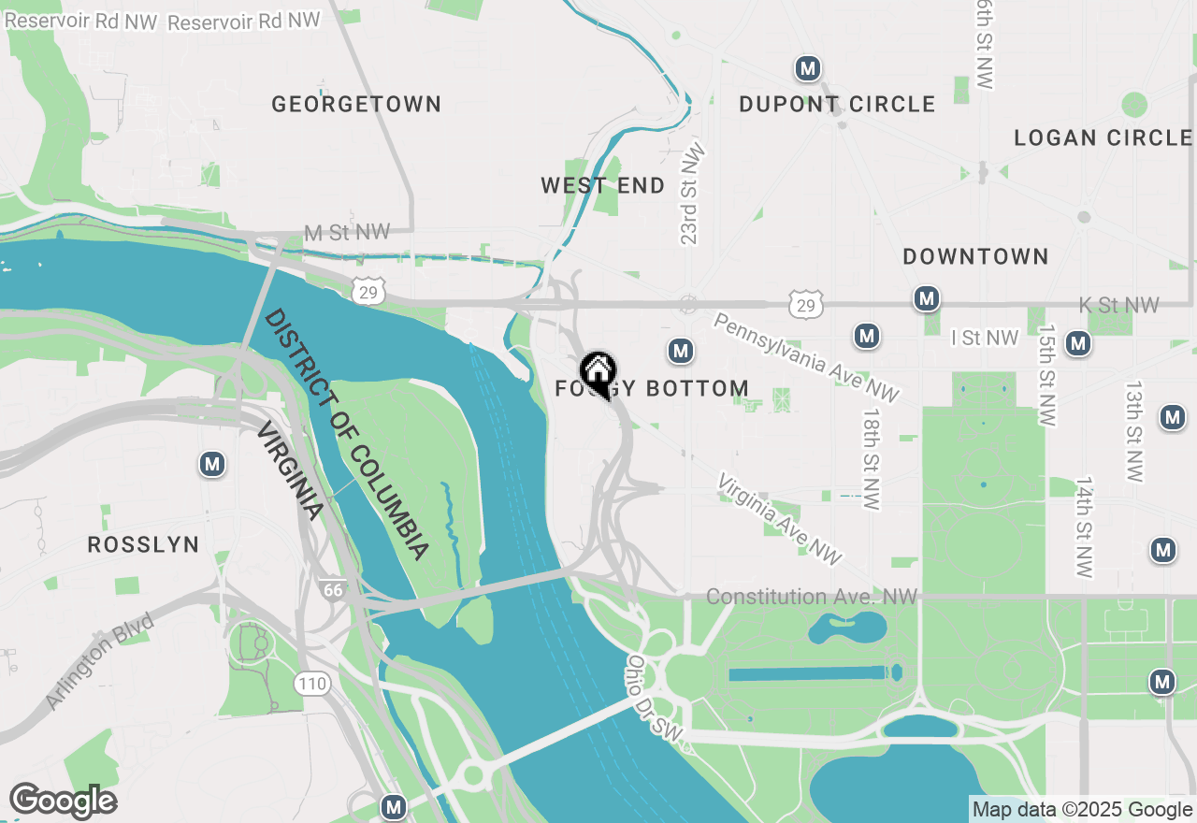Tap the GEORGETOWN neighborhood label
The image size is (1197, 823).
pos(356,104)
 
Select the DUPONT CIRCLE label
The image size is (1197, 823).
pos(837,104)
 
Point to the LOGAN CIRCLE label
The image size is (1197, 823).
pos(1103,138)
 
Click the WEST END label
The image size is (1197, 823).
pos(603,185)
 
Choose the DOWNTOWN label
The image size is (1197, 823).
pos(975,256)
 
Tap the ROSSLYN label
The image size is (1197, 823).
pos(143,544)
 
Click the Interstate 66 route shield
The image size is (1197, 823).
pos(330,589)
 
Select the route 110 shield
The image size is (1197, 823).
pos(311,684)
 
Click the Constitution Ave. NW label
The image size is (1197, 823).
pos(812,597)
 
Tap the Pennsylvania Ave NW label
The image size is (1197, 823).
pos(805,358)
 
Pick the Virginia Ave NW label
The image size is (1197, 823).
pos(779,519)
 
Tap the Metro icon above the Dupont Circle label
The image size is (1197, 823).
pos(808,68)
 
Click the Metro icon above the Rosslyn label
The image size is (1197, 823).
pos(212,464)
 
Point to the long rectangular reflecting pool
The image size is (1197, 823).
pos(809,673)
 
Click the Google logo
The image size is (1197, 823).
pos(63,801)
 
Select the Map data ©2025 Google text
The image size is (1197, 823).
pos(1082,810)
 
